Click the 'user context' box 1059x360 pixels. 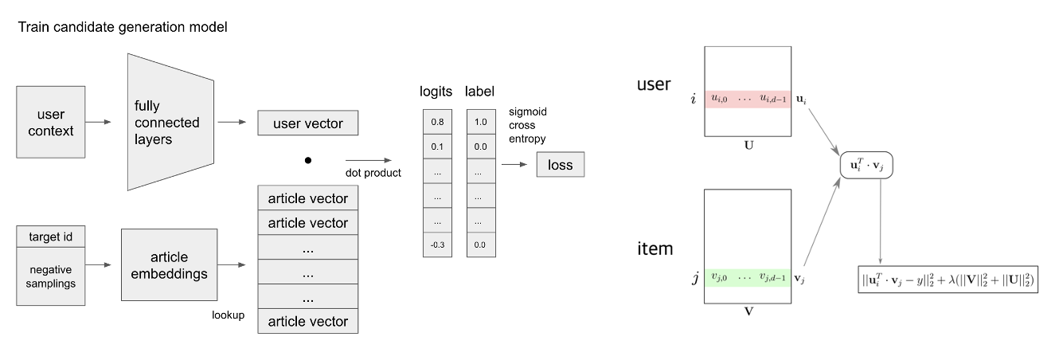pyautogui.click(x=51, y=122)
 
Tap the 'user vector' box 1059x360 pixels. pyautogui.click(x=308, y=123)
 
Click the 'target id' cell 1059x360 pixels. pyautogui.click(x=50, y=237)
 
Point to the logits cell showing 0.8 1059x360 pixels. pyautogui.click(x=437, y=122)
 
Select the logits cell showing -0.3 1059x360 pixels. pyautogui.click(x=437, y=245)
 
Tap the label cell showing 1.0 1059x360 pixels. pyautogui.click(x=480, y=122)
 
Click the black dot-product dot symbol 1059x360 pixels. pyautogui.click(x=307, y=160)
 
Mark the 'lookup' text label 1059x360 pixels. pyautogui.click(x=228, y=315)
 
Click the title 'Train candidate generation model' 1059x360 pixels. pyautogui.click(x=123, y=28)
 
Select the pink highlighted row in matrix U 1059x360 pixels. pyautogui.click(x=747, y=99)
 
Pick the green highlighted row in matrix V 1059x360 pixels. pyautogui.click(x=747, y=278)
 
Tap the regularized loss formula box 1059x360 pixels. pyautogui.click(x=948, y=279)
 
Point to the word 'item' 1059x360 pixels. pyautogui.click(x=655, y=248)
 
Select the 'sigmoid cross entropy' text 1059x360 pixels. pyautogui.click(x=527, y=125)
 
